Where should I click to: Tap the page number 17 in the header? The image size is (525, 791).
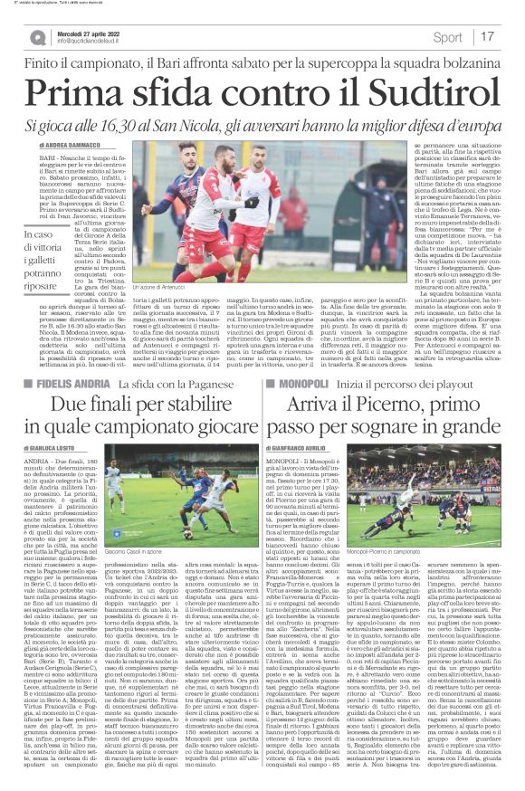pyautogui.click(x=488, y=37)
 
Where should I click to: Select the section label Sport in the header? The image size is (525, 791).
pyautogui.click(x=447, y=38)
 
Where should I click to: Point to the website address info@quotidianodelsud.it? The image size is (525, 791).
pyautogui.click(x=94, y=43)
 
